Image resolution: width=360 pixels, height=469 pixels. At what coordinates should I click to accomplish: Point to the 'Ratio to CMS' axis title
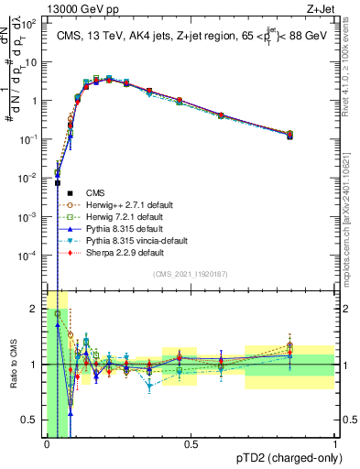point(13,365)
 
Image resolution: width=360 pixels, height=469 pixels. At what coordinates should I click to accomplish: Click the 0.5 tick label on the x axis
point(191,443)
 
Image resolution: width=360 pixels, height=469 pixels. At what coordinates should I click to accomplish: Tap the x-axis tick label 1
point(334,443)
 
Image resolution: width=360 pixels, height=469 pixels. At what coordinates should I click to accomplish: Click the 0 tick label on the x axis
point(47,443)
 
